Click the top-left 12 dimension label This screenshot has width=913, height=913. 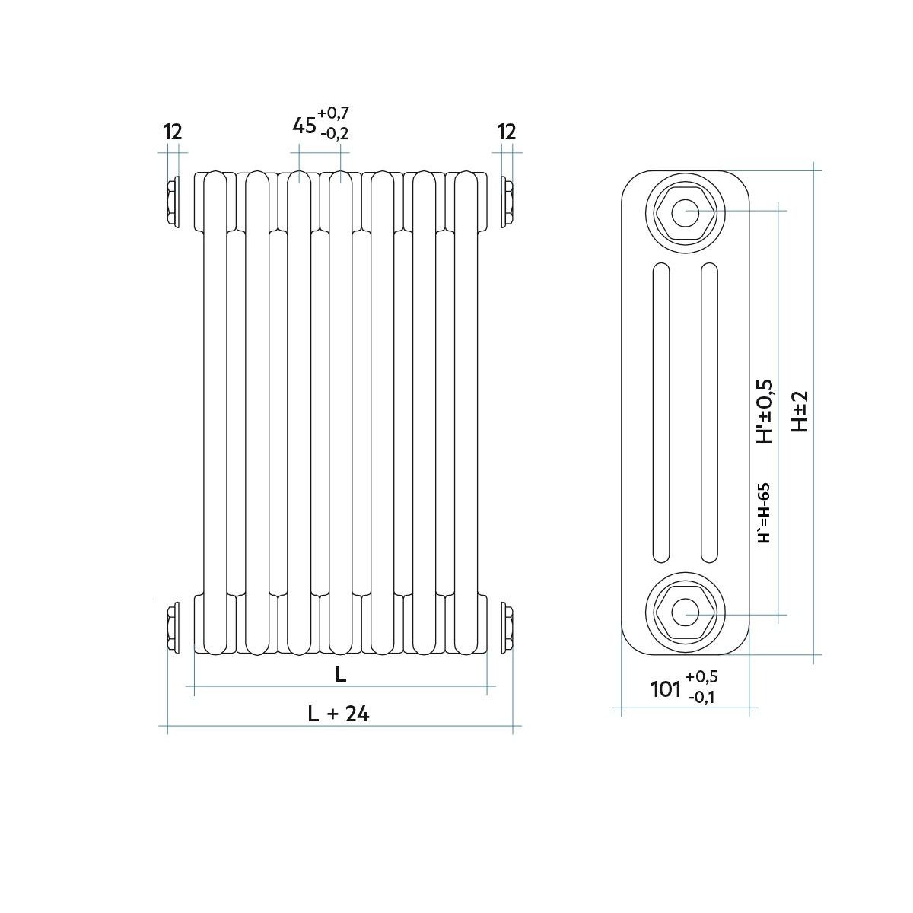pos(173,132)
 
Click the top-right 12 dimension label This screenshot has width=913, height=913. pos(507,132)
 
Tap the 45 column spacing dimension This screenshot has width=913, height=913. pos(304,126)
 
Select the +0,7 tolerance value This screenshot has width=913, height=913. pos(333,113)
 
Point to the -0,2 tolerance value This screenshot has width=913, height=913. pos(335,134)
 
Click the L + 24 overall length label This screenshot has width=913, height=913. pos(339,714)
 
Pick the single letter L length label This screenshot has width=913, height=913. pos(341,674)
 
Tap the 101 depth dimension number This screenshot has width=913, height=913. pos(666,689)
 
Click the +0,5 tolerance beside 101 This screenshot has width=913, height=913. pos(701,676)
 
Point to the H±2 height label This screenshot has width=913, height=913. pos(800,412)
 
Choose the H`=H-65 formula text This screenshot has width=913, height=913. pos(764,513)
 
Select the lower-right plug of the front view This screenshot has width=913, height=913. pos(507,628)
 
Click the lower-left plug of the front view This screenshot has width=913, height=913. pos(174,628)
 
